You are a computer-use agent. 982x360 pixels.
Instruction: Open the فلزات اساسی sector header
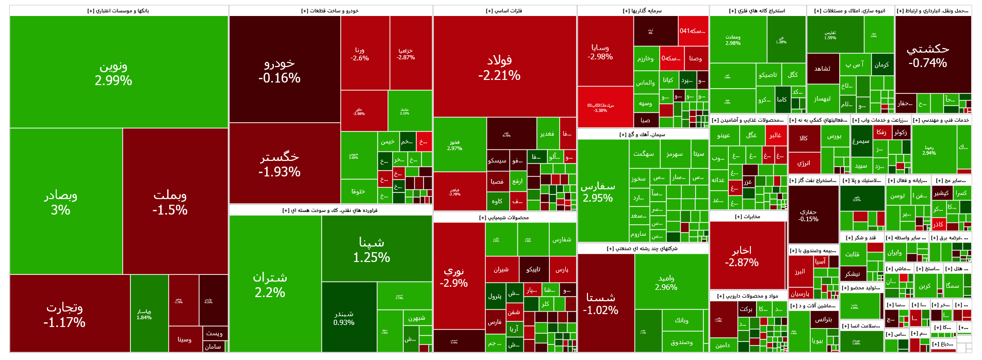504,11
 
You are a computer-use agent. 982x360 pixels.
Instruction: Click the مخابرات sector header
748,217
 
